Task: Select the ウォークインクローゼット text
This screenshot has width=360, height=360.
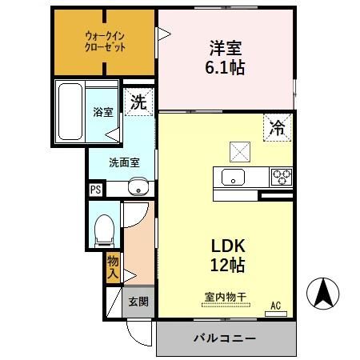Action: [104, 40]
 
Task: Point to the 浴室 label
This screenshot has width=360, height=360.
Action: [103, 112]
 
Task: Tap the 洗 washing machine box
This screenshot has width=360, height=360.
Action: [139, 102]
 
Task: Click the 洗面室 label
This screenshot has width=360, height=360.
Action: [124, 162]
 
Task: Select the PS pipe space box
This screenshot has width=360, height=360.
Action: [95, 190]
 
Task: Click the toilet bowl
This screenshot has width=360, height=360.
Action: [102, 230]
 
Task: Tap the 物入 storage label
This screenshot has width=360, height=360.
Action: [114, 266]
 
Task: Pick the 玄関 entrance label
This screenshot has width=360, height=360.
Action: [138, 302]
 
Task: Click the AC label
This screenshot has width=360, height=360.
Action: [275, 305]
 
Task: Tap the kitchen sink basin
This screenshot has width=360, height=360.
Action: [234, 176]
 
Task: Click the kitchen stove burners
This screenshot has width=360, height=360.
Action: [281, 176]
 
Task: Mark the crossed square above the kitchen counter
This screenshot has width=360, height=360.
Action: [240, 149]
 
